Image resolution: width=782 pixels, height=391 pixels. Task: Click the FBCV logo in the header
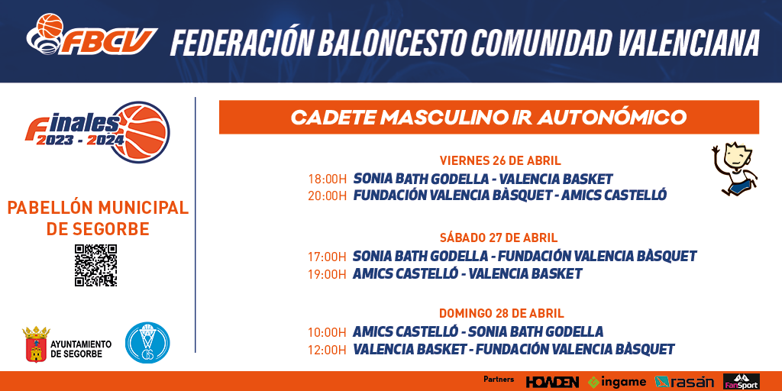point(92,34)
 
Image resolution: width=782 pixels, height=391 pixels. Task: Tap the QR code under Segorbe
point(95,265)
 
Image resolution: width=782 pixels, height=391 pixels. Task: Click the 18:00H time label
point(327,179)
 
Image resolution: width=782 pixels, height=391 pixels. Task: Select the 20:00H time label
point(327,195)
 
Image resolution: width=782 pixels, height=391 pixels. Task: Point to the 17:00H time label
point(327,257)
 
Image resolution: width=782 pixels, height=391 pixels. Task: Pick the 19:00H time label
point(327,274)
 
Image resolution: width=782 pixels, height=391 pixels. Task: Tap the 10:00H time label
point(327,333)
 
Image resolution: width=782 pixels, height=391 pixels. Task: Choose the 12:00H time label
point(327,350)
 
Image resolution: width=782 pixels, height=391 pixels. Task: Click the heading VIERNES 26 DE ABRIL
point(500,160)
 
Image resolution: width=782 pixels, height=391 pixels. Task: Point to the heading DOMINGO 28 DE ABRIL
point(501,314)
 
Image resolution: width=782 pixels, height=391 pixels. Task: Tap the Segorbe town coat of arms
point(36,344)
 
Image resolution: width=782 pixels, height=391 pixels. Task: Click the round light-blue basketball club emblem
point(147,343)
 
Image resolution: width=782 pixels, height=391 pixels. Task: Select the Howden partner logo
point(552,382)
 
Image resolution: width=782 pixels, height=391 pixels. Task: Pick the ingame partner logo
point(617,382)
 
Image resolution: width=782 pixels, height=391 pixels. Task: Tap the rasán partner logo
point(683,382)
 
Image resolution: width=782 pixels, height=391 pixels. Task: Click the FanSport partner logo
point(741,382)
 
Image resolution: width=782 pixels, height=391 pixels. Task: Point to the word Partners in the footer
point(499,380)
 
